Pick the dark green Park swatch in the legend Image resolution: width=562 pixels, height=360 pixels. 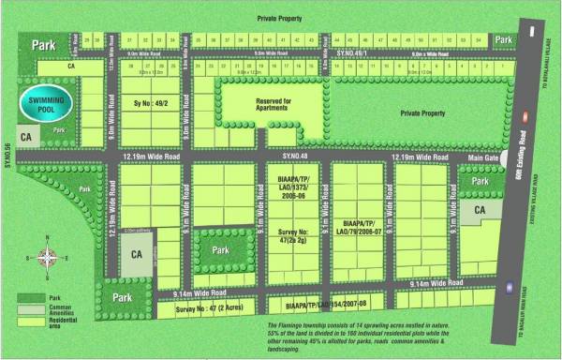click(x=29, y=299)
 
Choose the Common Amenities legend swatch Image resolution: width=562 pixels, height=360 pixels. click(x=29, y=310)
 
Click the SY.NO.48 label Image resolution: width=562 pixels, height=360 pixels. click(x=295, y=156)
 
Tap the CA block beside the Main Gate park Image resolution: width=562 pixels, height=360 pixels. click(x=480, y=211)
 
